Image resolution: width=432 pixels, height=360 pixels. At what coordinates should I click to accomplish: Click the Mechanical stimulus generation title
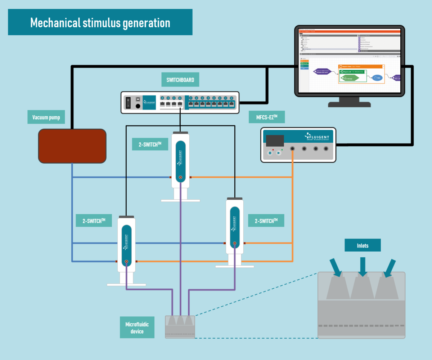(x=100, y=22)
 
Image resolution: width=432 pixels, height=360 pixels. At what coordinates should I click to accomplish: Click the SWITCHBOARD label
(x=180, y=80)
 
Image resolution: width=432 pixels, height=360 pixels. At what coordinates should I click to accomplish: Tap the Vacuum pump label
(x=46, y=117)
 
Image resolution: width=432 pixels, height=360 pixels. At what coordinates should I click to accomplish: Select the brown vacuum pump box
(x=72, y=146)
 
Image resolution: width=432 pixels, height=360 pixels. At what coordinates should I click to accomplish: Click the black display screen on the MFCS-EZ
(x=275, y=141)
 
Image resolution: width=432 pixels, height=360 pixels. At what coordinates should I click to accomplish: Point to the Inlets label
(x=363, y=245)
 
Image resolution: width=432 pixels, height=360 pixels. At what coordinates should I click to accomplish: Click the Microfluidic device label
(x=137, y=328)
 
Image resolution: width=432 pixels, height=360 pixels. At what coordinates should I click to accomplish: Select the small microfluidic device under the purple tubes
(x=180, y=326)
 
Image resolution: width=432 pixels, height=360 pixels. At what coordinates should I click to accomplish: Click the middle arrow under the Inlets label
(x=363, y=267)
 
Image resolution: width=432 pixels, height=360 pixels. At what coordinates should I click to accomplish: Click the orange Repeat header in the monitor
(x=361, y=67)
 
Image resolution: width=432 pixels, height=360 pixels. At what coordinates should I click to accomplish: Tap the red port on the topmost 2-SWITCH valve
(x=180, y=177)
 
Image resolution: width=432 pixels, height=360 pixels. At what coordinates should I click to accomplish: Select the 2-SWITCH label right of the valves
(x=266, y=220)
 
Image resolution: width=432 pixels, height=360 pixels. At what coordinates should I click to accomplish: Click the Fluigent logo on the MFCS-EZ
(x=318, y=137)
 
